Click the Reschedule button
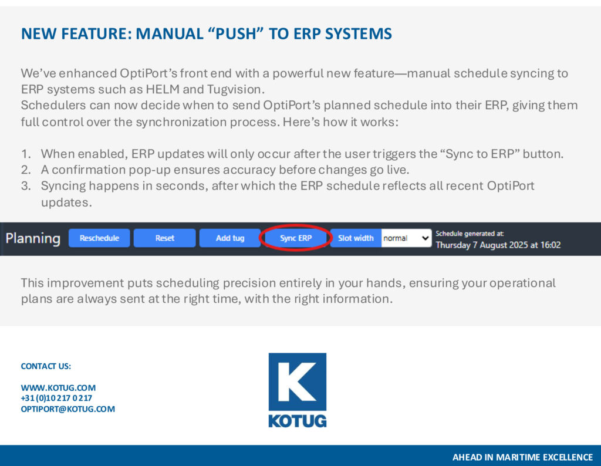point(99,238)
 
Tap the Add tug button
point(230,238)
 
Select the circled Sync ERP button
point(296,238)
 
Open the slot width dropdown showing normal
point(406,238)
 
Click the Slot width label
point(356,238)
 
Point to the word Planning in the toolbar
point(33,238)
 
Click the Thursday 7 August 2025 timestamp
point(498,245)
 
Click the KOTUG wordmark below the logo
point(298,421)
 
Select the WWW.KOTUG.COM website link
point(58,387)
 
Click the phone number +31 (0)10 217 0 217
point(56,398)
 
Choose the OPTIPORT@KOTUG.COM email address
point(68,409)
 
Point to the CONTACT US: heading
point(46,366)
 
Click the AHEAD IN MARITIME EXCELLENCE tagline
point(522,457)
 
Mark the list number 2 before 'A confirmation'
point(26,170)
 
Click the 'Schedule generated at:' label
point(470,234)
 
